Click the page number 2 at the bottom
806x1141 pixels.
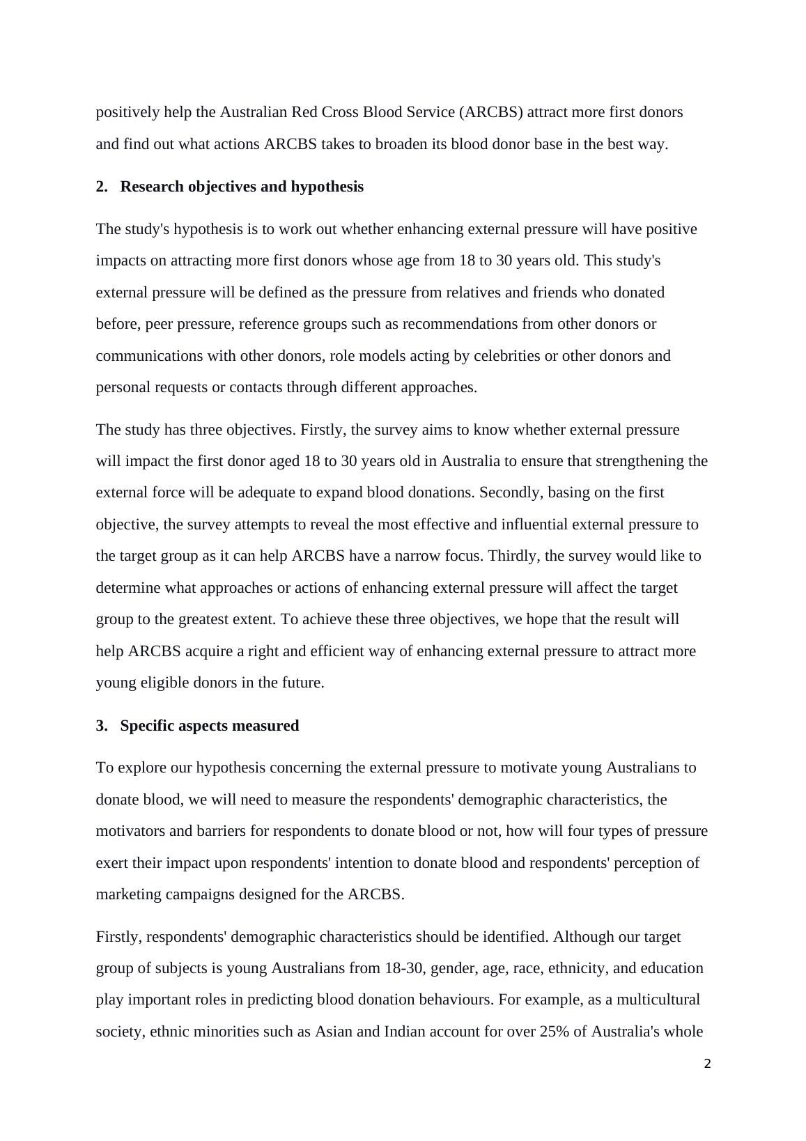[707, 1064]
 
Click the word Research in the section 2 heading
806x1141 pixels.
[153, 187]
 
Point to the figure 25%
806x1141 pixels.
[554, 1032]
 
